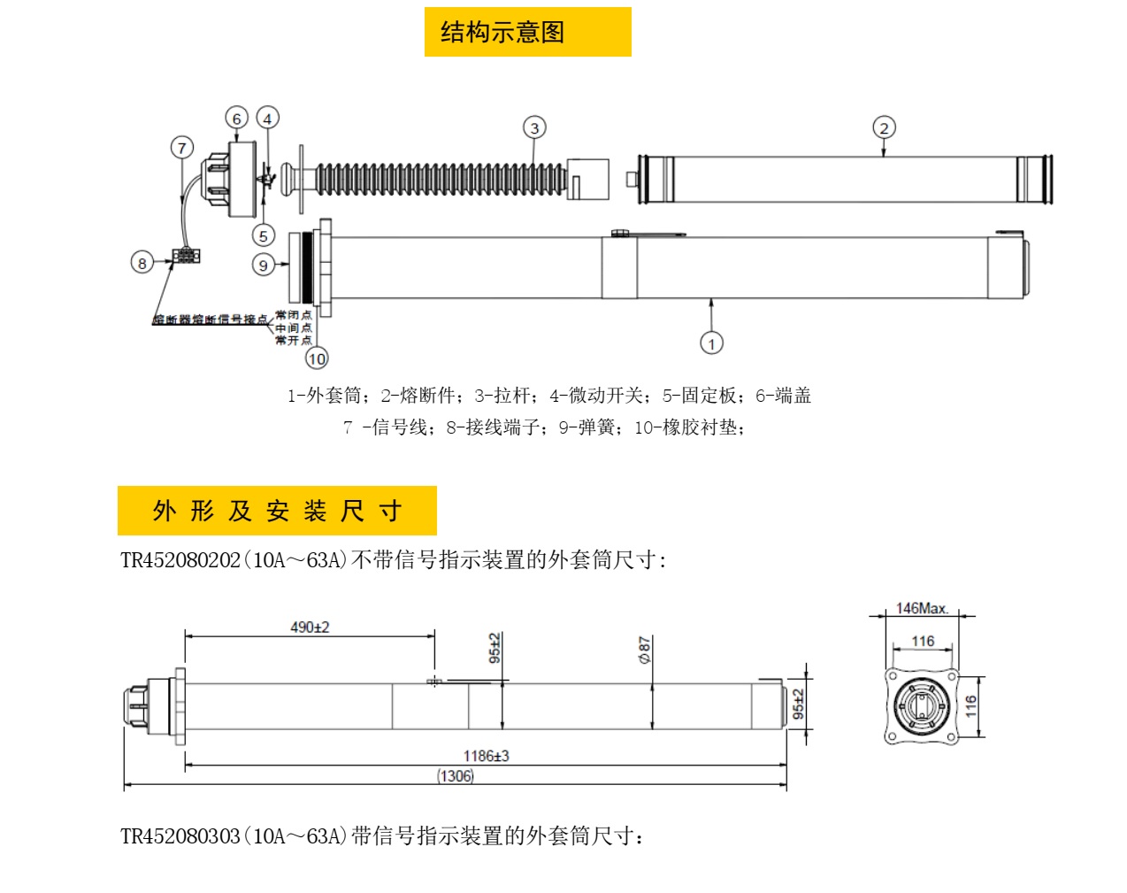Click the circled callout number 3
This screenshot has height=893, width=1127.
[x=533, y=128]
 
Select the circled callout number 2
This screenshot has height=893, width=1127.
[x=884, y=128]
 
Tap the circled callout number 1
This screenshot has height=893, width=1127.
[x=711, y=343]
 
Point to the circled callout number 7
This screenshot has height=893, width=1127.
[x=182, y=148]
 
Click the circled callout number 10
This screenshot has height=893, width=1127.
[x=317, y=358]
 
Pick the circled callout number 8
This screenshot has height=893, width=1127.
[x=142, y=263]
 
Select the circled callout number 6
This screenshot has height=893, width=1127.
[x=236, y=119]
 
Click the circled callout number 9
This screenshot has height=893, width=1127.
[x=263, y=265]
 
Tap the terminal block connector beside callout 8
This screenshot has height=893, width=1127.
[x=186, y=256]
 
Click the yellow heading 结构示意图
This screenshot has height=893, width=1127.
[x=527, y=33]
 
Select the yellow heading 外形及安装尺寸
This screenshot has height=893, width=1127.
[x=277, y=511]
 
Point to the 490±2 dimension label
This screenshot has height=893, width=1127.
[x=310, y=627]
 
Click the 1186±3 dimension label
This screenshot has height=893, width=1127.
[x=486, y=756]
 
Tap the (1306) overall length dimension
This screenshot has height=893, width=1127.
[x=456, y=776]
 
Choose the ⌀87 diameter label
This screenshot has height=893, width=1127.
[x=645, y=650]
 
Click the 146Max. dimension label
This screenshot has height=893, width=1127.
[x=922, y=609]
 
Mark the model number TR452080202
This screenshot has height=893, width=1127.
[x=180, y=560]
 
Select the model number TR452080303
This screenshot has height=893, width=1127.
[x=180, y=836]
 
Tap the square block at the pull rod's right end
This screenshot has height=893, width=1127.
[x=588, y=180]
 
